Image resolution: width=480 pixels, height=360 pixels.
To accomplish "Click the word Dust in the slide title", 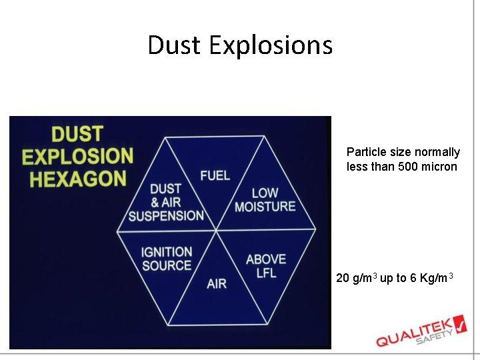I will click(175, 45).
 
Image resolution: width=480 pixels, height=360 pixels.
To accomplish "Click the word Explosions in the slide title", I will click(270, 45).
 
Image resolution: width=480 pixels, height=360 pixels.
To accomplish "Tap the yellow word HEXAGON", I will click(74, 179).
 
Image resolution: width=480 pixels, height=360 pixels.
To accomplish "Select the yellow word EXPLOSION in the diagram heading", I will click(77, 157).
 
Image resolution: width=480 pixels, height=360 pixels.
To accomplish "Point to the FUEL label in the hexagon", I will click(215, 175).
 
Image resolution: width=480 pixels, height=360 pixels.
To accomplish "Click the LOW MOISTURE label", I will click(265, 200).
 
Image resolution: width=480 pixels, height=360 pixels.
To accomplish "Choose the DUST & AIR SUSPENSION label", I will click(166, 203).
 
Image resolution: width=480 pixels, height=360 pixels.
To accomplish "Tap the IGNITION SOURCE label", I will click(166, 259).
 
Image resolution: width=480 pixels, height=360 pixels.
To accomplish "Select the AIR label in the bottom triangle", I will click(216, 284).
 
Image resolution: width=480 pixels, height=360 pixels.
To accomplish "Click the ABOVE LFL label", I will click(265, 265).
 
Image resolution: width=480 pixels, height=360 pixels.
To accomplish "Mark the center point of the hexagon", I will click(216, 231).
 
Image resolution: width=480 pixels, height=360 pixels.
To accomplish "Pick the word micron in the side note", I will click(441, 167).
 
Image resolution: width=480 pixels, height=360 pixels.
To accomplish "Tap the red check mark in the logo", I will click(461, 322).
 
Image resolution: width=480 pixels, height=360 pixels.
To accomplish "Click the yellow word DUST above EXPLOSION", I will click(77, 134).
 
